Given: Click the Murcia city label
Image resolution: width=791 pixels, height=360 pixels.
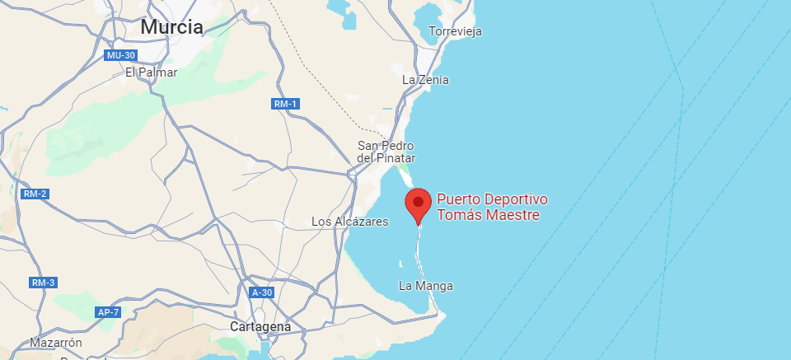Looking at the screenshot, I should coord(171,27).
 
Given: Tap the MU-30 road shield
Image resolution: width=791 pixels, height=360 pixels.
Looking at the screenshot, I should coord(120,55).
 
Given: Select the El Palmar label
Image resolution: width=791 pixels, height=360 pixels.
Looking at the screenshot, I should coord(151,72).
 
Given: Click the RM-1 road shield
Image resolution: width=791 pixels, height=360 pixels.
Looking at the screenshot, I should coord(284,104).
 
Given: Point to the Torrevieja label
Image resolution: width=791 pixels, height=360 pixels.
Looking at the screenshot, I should coord(455,31).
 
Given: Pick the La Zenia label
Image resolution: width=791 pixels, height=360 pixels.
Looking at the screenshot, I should coord(425,80).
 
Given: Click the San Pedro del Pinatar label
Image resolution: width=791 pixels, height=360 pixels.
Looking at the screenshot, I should coord(386,152).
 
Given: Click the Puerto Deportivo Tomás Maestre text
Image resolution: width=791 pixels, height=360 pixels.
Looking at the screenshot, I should coord(492,208).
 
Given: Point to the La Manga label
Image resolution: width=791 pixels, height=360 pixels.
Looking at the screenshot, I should coord(425,286).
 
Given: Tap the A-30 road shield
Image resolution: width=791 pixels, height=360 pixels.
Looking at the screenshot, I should coord(262,292).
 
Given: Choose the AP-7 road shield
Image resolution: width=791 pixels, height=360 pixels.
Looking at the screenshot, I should coord(108,312).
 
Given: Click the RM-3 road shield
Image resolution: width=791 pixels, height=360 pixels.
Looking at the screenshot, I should coord(43,283).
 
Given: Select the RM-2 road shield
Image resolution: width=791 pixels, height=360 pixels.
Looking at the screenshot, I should coord(35,194).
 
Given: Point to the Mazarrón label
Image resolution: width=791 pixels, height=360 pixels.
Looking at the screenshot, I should coord(56,342).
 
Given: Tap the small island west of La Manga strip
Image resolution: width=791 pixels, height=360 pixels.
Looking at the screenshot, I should coord(400,264).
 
